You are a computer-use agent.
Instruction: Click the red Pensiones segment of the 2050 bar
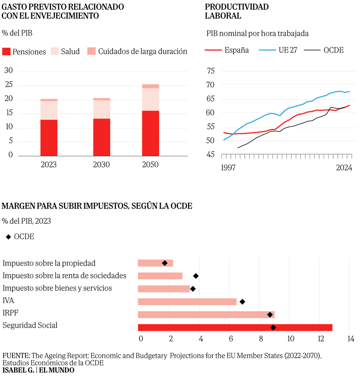click(150, 133)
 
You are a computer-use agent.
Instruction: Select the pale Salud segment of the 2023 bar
click(49, 110)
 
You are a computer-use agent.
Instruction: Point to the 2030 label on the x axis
click(101, 165)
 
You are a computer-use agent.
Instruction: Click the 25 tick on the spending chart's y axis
click(8, 85)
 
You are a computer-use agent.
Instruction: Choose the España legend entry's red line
click(213, 51)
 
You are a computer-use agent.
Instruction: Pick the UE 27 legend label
click(288, 51)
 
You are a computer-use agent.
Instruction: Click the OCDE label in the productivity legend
click(333, 51)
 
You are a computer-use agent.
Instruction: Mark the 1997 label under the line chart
click(228, 168)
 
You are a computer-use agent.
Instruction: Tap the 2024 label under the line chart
click(344, 168)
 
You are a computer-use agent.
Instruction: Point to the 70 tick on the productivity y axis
click(211, 85)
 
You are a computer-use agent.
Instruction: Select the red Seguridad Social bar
click(235, 327)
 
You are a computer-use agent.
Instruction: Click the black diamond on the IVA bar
click(242, 301)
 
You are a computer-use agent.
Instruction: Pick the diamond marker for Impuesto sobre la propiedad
click(165, 263)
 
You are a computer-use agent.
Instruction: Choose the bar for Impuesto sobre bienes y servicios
click(164, 289)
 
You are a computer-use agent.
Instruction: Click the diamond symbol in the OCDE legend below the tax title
click(8, 237)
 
